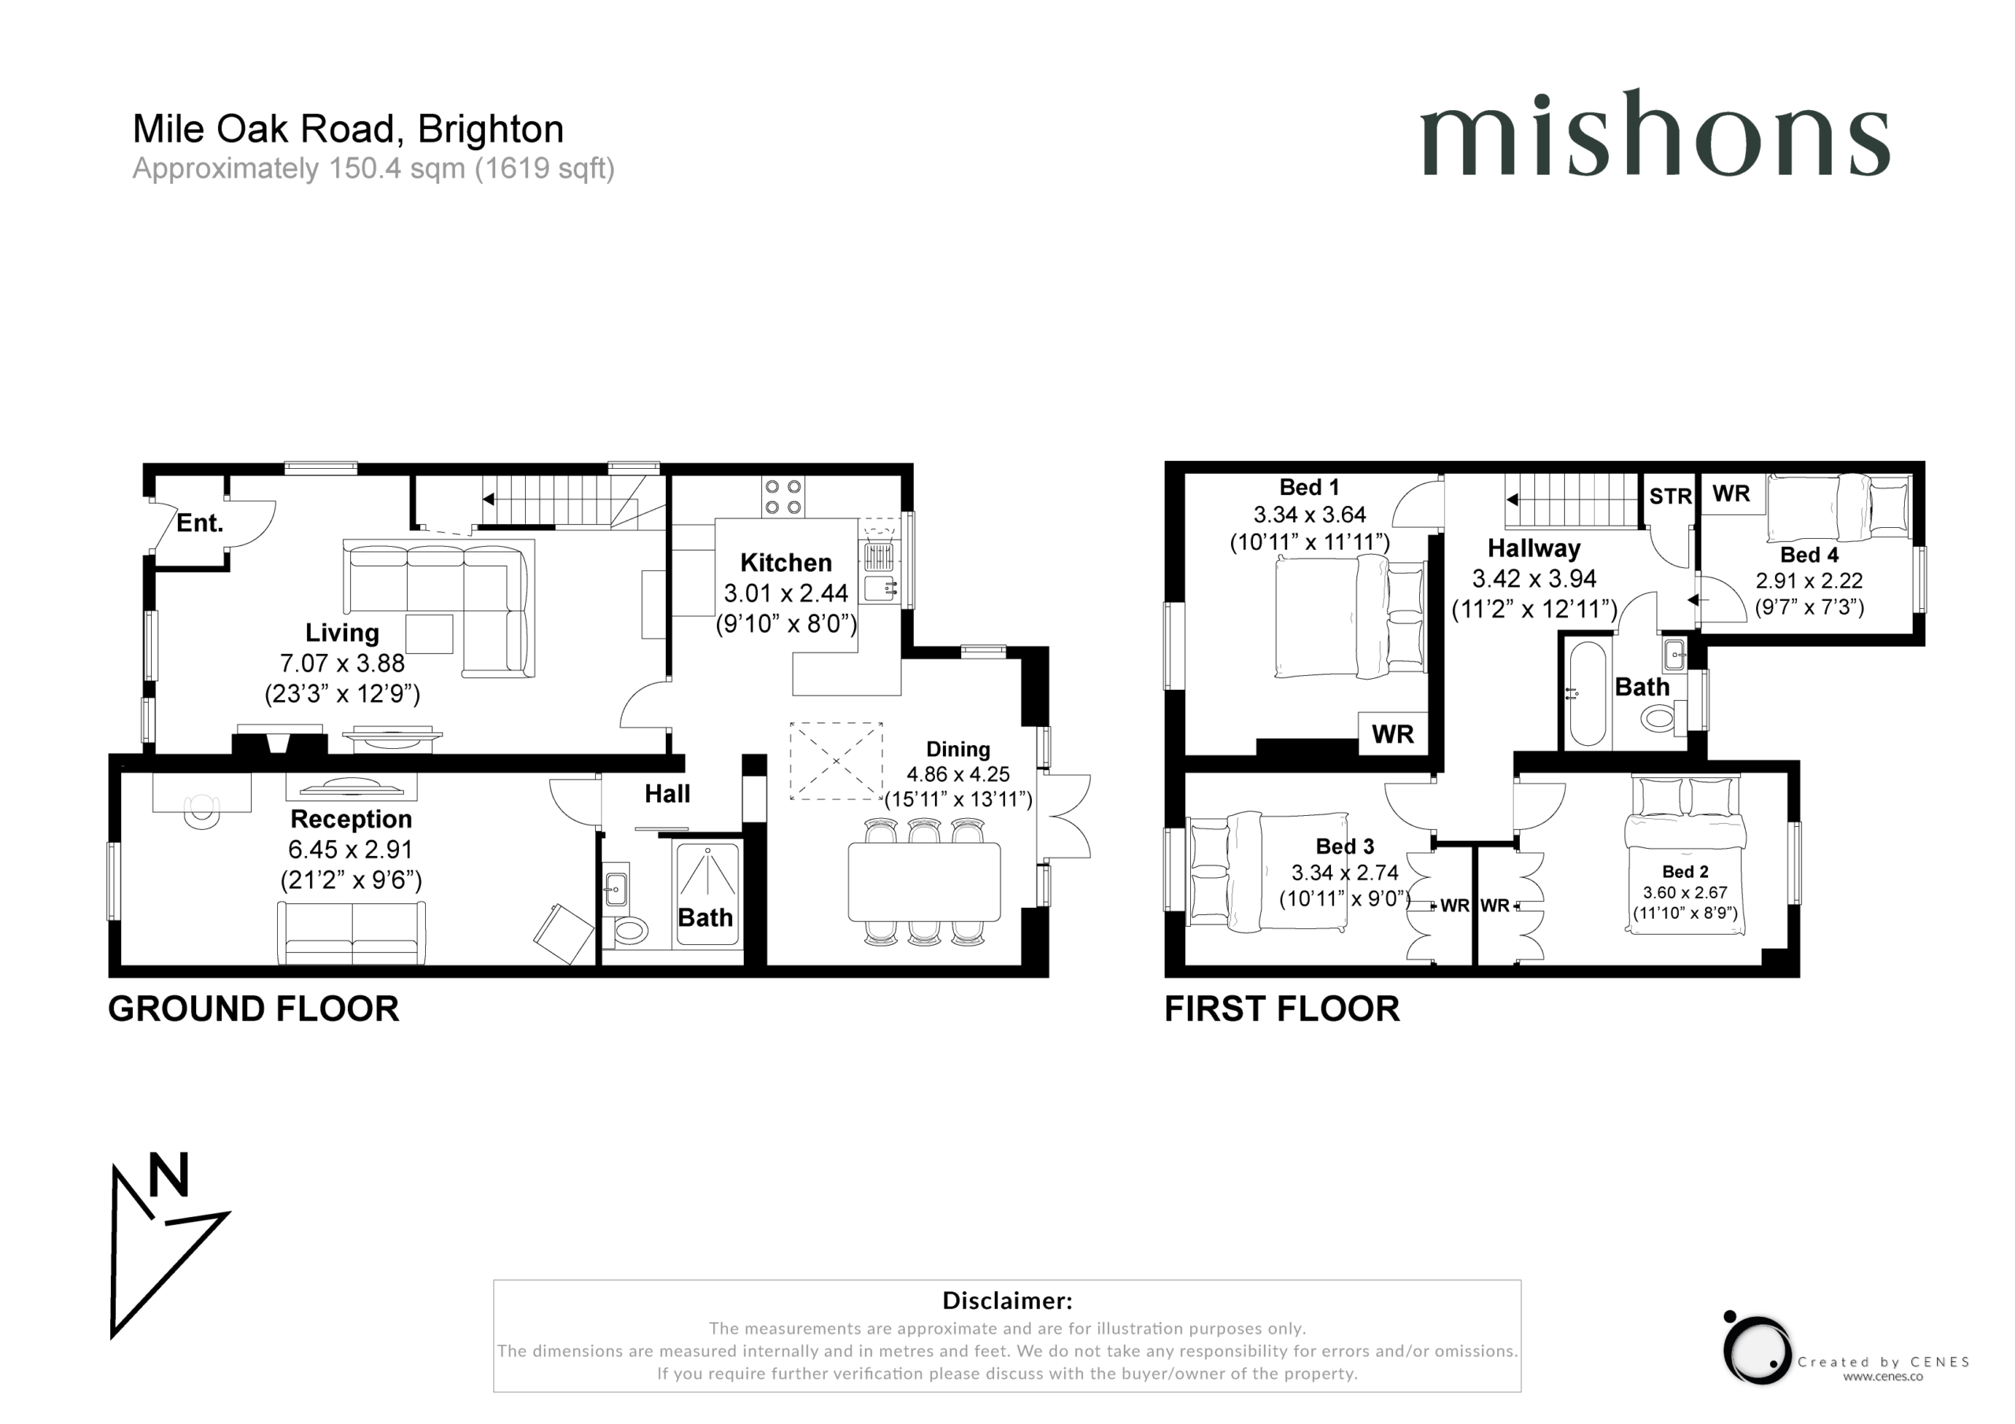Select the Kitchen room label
(x=786, y=563)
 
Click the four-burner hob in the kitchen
(x=782, y=496)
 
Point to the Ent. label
(x=200, y=524)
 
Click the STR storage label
(x=1670, y=496)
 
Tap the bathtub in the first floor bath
(x=1587, y=694)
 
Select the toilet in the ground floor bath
(x=629, y=930)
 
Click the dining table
(x=924, y=882)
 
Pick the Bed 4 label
(x=1809, y=555)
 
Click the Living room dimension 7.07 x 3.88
(x=342, y=663)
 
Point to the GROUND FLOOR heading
(x=253, y=1009)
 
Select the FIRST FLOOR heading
(x=1282, y=1009)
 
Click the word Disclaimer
(x=1007, y=1300)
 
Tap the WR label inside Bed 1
(x=1392, y=733)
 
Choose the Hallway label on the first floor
(x=1534, y=548)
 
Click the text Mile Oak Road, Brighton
(x=349, y=129)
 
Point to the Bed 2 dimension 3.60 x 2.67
(x=1685, y=892)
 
